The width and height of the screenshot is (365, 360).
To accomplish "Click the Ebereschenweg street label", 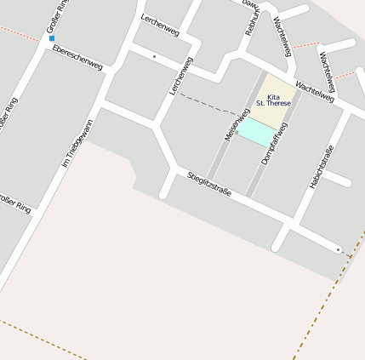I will (x=77, y=57).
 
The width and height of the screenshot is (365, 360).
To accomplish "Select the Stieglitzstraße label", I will (x=209, y=185).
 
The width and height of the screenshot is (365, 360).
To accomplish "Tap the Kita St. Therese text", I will (x=273, y=100).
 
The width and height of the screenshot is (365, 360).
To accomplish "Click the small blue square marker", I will (x=52, y=38).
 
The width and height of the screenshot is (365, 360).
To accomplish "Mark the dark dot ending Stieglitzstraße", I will (x=338, y=249).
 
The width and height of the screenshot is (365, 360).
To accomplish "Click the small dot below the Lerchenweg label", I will (x=154, y=56).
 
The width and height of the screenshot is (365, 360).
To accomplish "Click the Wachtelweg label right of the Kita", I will (x=314, y=92).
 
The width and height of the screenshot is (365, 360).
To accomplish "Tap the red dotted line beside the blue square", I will (x=21, y=32).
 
